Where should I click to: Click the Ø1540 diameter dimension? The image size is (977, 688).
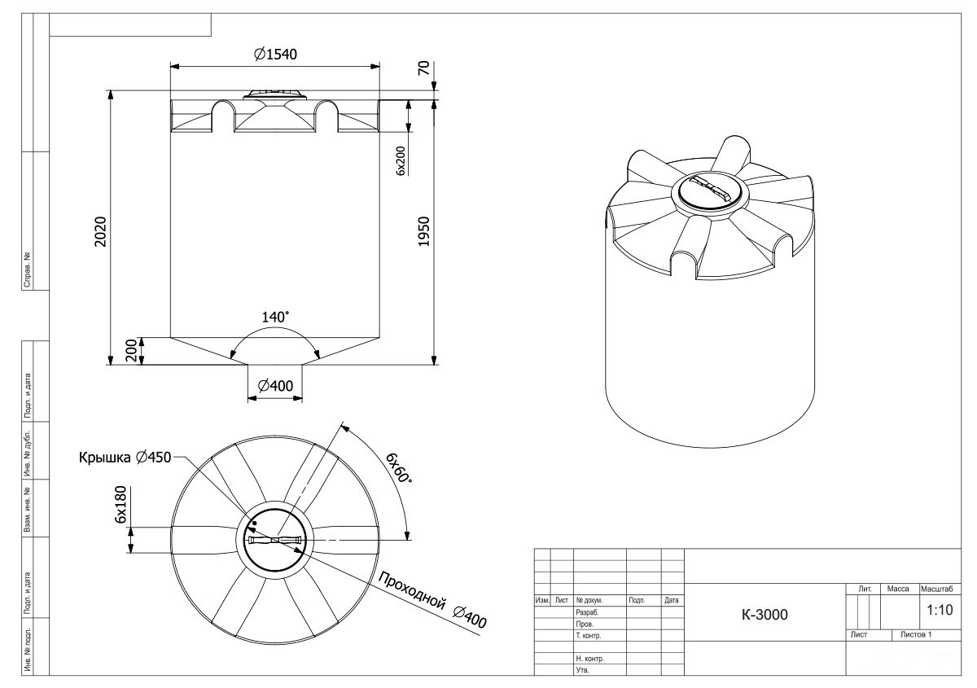275,55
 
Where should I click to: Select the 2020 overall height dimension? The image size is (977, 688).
101,232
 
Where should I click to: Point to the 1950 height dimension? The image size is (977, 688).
424,232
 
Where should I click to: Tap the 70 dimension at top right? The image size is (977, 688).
424,68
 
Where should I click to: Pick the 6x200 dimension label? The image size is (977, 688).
401,161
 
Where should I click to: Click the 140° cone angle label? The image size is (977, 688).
275,318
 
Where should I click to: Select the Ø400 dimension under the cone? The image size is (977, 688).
275,386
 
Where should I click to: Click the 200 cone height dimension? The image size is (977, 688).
131,351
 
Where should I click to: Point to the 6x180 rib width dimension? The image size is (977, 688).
120,504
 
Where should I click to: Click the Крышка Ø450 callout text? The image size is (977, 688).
125,458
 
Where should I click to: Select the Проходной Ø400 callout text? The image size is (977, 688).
432,599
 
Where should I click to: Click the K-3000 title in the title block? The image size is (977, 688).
765,614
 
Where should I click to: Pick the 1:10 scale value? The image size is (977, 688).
940,610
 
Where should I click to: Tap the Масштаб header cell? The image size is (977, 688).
937,589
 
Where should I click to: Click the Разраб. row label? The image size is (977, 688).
587,612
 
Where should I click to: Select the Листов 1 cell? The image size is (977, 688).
916,635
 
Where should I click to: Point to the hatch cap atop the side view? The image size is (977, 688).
275,94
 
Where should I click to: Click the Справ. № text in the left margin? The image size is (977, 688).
27,270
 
